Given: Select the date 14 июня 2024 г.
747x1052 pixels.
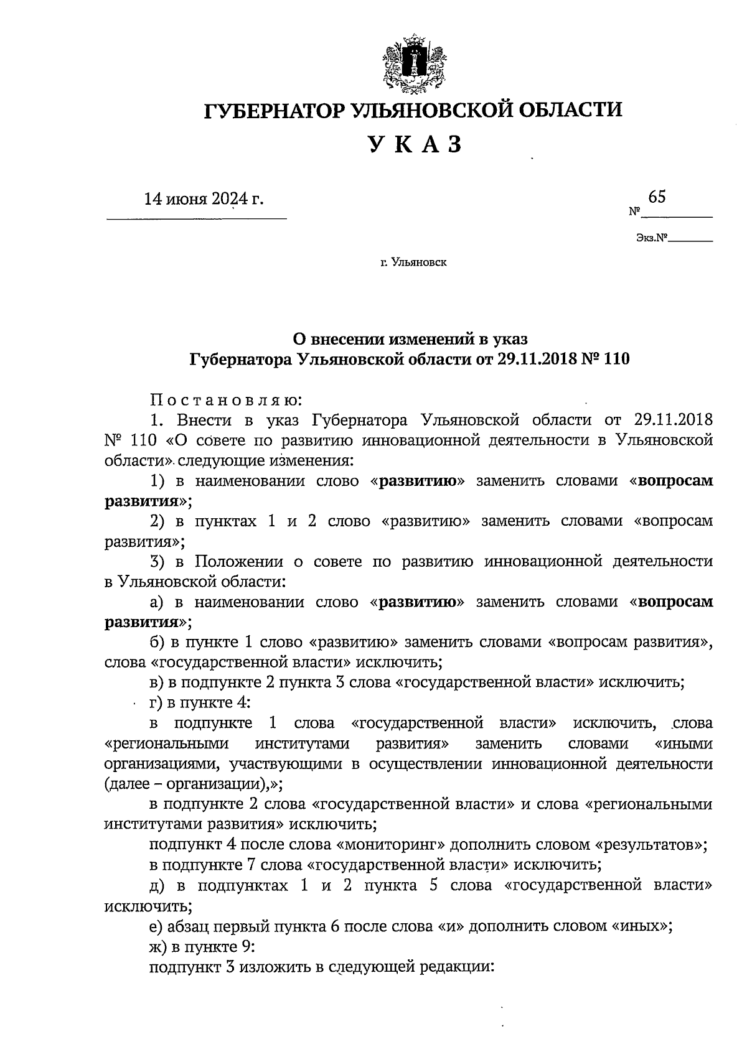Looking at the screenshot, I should click(204, 199).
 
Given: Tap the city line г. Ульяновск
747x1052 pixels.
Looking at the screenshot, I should click(414, 263).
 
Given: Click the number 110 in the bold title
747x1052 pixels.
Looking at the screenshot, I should click(616, 359).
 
